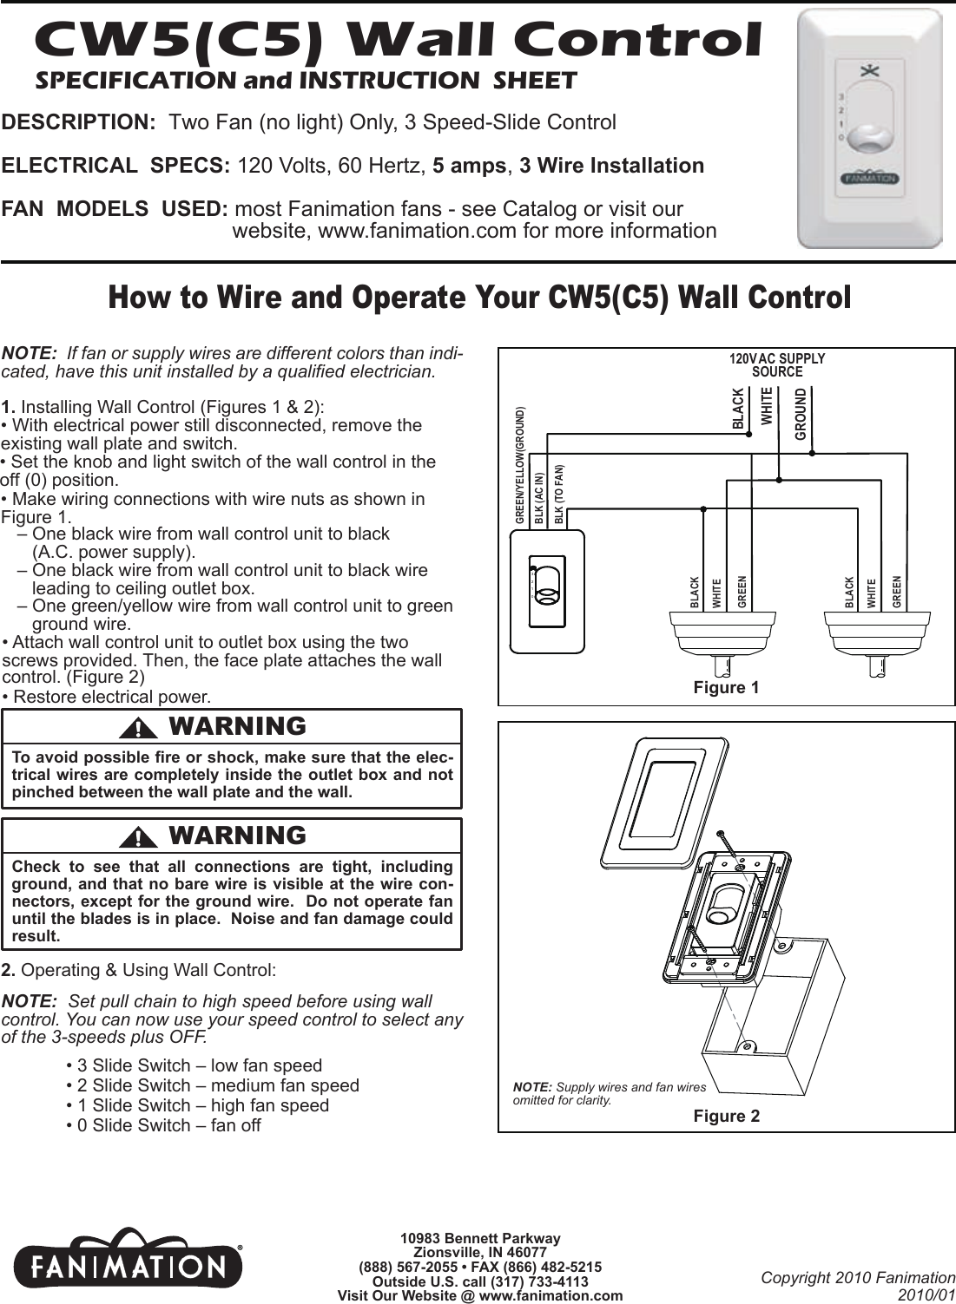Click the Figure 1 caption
click(x=726, y=688)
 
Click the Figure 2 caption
click(x=726, y=1116)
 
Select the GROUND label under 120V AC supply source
click(x=801, y=416)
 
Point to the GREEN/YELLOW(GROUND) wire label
click(x=519, y=463)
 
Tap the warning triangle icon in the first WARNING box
click(x=137, y=727)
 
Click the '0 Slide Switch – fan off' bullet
click(x=163, y=1125)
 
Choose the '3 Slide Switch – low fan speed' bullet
click(x=194, y=1065)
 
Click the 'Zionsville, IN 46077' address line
click(x=479, y=1252)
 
